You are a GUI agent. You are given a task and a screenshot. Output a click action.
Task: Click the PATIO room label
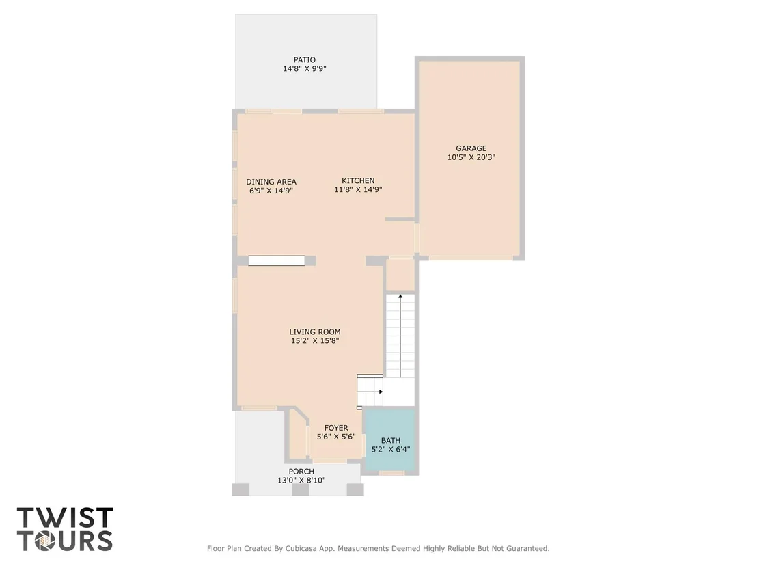[305, 60]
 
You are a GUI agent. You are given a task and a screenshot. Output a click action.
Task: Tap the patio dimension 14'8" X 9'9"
[305, 68]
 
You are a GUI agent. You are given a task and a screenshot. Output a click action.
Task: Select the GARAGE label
[471, 148]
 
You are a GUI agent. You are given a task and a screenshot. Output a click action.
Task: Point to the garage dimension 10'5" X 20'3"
[471, 157]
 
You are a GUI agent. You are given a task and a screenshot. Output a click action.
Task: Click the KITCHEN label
[358, 180]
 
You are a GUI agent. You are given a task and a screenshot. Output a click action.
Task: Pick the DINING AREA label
[271, 182]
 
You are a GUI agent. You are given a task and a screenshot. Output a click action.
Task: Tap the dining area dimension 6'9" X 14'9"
[271, 191]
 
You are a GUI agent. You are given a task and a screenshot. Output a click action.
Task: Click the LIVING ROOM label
[315, 332]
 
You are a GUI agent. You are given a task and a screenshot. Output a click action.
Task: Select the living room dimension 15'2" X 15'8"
[315, 340]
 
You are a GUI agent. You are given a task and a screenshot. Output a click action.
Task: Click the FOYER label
[336, 428]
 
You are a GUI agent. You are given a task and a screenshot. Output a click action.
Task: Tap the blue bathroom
[389, 440]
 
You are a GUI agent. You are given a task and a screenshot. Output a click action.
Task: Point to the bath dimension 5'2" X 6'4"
[391, 449]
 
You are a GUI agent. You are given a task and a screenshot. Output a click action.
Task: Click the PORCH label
[301, 472]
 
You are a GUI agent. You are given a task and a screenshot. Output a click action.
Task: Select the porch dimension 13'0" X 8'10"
[301, 480]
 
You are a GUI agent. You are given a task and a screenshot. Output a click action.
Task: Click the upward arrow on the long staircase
[400, 336]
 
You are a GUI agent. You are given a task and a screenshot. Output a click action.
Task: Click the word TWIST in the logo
[65, 517]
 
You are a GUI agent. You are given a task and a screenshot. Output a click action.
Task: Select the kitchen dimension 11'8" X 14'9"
[358, 190]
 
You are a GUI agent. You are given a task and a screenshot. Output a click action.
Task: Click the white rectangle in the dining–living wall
[277, 261]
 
